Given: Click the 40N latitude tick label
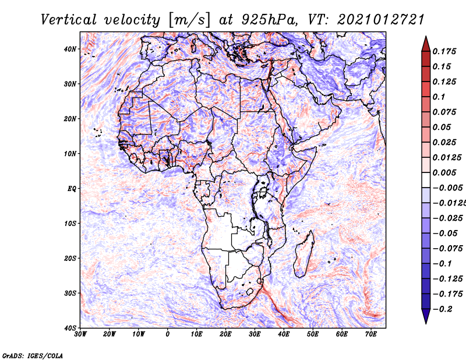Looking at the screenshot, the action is (x=70, y=49).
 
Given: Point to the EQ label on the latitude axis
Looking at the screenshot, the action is (x=72, y=189).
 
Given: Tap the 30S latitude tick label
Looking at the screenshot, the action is (x=70, y=293).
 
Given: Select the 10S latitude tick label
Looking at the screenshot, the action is (x=70, y=223).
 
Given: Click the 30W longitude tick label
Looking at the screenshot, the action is (x=80, y=334).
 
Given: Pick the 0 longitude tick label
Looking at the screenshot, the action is (x=168, y=334).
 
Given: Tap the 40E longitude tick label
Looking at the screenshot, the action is (x=284, y=334).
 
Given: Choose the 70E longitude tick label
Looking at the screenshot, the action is (x=370, y=334).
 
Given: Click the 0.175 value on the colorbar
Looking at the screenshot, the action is (x=444, y=51).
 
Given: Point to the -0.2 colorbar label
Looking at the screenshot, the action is (x=443, y=309).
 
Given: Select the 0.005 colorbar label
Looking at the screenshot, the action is (x=444, y=172).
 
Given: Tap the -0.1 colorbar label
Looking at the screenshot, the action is (x=443, y=263).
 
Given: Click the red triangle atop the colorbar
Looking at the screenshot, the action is (x=426, y=44).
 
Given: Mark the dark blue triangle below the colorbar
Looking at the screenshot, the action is (x=426, y=316).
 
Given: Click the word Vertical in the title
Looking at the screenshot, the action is (x=68, y=20).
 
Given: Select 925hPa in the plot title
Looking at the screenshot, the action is (x=269, y=20).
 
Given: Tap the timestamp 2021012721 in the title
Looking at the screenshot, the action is (x=381, y=20).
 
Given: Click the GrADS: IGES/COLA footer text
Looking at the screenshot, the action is (x=33, y=355).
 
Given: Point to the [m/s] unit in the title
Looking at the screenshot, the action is (x=189, y=20).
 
